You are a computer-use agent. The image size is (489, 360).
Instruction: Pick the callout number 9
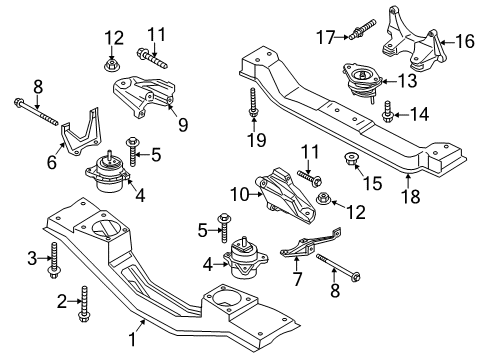click(x=182, y=126)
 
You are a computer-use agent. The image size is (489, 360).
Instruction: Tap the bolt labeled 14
click(x=387, y=116)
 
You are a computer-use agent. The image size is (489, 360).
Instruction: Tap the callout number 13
click(x=407, y=80)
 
